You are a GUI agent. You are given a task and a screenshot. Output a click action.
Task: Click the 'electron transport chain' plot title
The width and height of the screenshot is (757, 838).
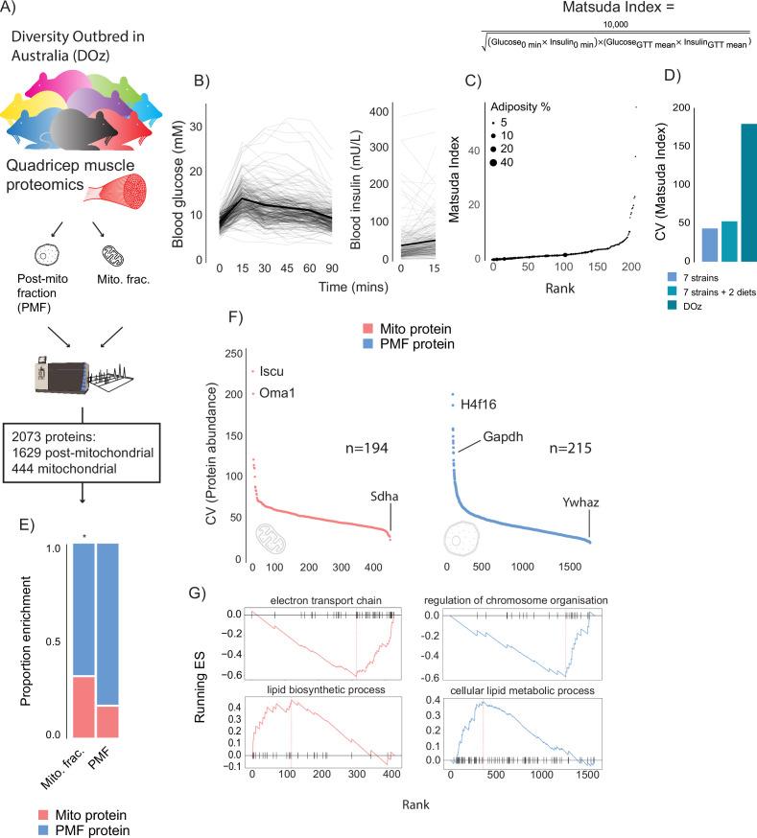pos(313,599)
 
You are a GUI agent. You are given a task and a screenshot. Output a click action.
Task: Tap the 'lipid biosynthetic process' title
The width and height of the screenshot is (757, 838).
pos(314,689)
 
